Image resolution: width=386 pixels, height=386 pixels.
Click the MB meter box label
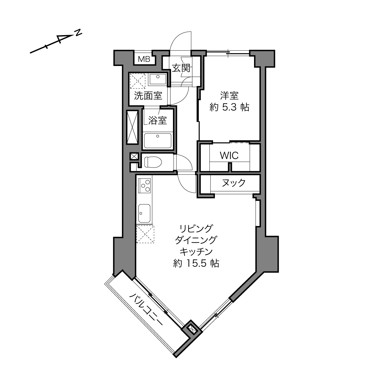click(144, 59)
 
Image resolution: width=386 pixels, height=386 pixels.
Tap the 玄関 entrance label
click(181, 68)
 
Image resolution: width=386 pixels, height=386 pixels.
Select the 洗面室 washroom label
click(148, 96)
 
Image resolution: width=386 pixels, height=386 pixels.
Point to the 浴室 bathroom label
click(158, 120)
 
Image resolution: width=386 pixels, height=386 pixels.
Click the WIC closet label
click(229, 155)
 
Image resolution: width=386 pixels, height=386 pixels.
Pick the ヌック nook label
click(234, 183)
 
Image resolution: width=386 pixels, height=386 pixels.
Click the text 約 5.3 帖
click(230, 108)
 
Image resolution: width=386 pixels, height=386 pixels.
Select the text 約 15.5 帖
click(196, 264)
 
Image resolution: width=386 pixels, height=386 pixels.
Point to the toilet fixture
click(153, 162)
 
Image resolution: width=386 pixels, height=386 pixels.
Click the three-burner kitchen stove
click(144, 186)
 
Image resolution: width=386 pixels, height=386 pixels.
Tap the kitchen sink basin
click(144, 214)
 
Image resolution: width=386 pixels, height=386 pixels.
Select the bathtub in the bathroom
click(158, 141)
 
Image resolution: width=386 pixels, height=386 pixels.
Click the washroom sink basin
click(158, 79)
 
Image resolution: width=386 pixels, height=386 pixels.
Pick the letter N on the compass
click(79, 33)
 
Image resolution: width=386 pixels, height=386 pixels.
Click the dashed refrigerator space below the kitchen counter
click(145, 234)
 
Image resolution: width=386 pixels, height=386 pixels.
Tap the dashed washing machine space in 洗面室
click(138, 81)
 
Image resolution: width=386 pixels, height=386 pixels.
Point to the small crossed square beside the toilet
click(134, 156)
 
